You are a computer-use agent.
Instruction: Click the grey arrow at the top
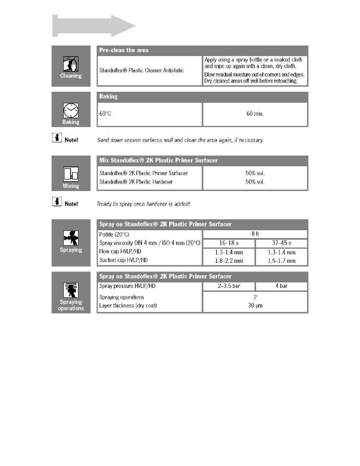pos(94,26)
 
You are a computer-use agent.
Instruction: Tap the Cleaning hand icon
pos(71,63)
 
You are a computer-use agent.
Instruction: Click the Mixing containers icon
pos(71,175)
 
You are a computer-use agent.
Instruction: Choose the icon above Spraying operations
pos(71,290)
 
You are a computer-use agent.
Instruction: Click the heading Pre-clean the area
pos(124,50)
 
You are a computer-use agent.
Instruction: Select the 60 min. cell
pos(255,114)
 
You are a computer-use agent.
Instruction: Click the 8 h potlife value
pos(255,234)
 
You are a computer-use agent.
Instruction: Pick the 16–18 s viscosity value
pos(229,243)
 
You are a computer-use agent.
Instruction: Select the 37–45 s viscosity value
pos(281,243)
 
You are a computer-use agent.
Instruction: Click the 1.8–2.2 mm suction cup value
pos(229,261)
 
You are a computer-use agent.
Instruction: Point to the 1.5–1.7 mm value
pos(281,261)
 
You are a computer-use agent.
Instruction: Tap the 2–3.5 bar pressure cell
pos(229,286)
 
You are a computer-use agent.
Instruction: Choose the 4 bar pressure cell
pos(281,286)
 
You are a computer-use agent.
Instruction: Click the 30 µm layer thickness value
pos(255,306)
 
